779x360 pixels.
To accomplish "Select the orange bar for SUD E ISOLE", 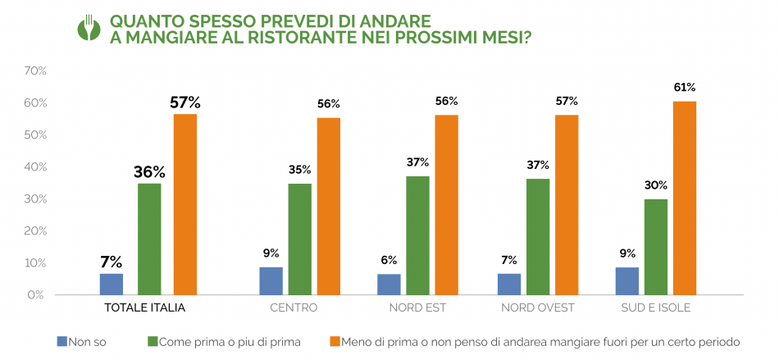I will click(685, 198).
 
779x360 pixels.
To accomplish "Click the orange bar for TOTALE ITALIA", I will click(185, 204).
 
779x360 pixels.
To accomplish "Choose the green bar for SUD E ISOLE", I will click(655, 247).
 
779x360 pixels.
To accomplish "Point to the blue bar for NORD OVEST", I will click(508, 284).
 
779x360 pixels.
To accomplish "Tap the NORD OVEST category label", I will click(538, 308).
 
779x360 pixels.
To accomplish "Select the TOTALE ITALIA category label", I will click(144, 308).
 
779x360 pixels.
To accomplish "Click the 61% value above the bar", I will click(685, 87).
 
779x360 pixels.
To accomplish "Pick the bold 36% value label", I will click(149, 172).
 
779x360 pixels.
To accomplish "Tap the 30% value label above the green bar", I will click(655, 185).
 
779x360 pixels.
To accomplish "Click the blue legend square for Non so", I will click(61, 341).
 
